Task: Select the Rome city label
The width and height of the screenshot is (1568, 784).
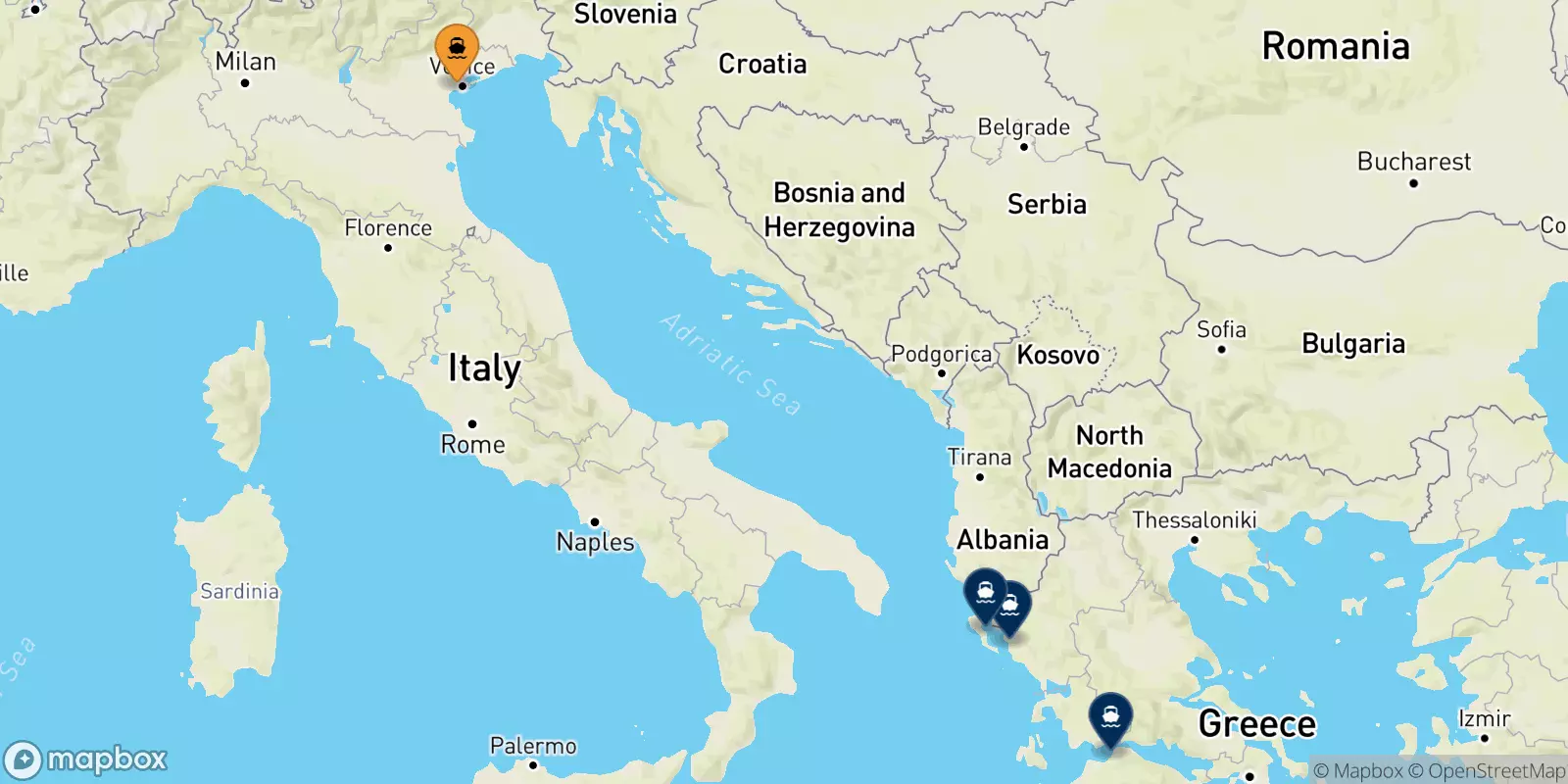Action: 472,444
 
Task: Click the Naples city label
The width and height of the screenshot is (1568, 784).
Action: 595,541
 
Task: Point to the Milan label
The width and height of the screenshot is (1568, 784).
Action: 245,62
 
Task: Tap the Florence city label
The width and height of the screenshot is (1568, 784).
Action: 388,228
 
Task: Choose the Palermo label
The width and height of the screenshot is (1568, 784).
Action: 533,747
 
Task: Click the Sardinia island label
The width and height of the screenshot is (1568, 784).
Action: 240,591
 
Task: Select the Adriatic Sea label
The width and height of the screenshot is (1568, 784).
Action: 731,365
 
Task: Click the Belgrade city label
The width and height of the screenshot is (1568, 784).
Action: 1024,127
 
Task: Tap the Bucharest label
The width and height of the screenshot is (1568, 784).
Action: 1413,162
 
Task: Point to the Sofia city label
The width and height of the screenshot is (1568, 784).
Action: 1221,330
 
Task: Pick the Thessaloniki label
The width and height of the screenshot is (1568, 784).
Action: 1195,520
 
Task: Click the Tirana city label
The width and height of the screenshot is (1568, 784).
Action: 979,458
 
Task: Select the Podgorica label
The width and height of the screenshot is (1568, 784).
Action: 941,354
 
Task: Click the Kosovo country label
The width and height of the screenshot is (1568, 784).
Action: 1058,355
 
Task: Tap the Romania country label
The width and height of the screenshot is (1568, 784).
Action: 1336,46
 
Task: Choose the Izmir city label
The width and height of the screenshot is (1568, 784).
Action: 1484,719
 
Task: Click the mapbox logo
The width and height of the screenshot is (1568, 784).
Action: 86,759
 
